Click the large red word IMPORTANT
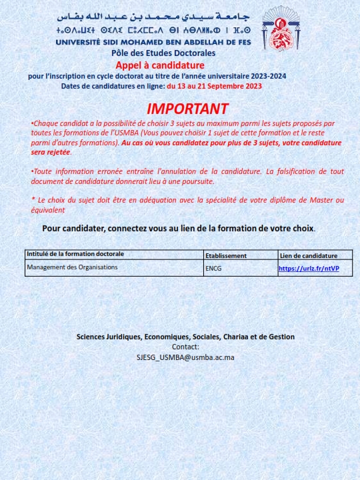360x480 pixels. pos(187,109)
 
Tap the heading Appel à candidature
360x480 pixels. pos(160,65)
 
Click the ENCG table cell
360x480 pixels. pos(213,269)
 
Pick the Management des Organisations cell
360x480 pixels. pos(72,267)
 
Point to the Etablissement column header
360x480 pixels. pos(226,255)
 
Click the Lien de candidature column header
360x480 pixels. pos(309,255)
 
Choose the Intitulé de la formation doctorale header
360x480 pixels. pos(75,254)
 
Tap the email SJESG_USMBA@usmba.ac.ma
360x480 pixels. pos(185,357)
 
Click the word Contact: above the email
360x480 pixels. pos(185,347)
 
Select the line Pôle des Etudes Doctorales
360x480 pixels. pos(164,53)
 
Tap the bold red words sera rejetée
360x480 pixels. pos(51,152)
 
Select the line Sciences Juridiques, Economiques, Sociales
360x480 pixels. pos(185,337)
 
